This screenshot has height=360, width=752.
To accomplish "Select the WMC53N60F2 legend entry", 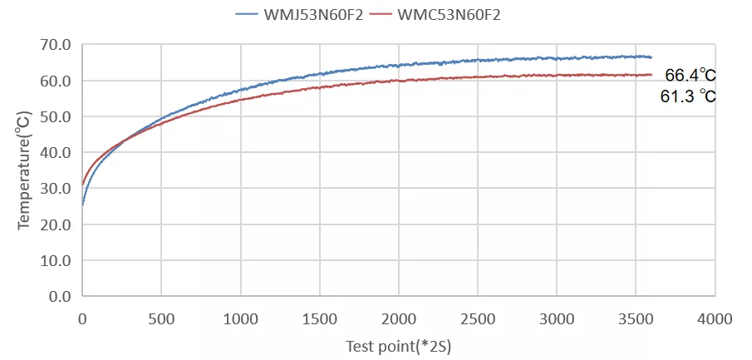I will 449,14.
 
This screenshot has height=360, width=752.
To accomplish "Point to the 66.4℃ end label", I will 690,76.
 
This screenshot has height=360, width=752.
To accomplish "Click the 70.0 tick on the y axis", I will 56,45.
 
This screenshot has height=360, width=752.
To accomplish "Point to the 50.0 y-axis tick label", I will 56,117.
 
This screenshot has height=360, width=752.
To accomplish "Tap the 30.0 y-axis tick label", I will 56,189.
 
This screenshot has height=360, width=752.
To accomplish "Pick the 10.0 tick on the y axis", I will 56,260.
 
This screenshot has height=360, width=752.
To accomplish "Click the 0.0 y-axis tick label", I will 60,296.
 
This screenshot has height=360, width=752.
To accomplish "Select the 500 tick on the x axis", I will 161,318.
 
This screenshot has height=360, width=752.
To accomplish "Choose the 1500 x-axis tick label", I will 319,318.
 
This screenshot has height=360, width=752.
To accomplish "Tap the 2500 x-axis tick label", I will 478,318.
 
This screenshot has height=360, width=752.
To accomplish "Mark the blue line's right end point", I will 651,57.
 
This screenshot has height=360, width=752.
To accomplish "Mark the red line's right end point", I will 651,75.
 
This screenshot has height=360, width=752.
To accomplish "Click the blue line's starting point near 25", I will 82,205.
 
